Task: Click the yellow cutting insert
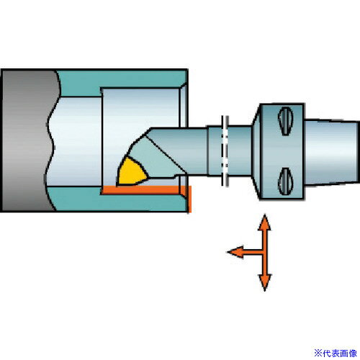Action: (131, 172)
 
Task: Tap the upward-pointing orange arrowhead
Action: (264, 222)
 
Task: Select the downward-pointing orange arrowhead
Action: (265, 283)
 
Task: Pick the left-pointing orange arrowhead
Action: (235, 252)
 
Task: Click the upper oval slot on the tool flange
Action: (286, 121)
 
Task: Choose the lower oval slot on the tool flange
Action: (286, 181)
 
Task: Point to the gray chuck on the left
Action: (27, 140)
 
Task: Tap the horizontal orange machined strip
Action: (144, 190)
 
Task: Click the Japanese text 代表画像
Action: (340, 353)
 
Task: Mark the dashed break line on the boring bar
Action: (225, 150)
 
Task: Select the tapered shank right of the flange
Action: (332, 152)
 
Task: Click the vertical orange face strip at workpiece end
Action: (189, 199)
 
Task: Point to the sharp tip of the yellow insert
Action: (117, 185)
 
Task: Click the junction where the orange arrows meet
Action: (264, 252)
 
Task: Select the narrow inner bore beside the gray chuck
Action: (74, 141)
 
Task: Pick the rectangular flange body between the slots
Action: (282, 151)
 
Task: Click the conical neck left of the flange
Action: (256, 151)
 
